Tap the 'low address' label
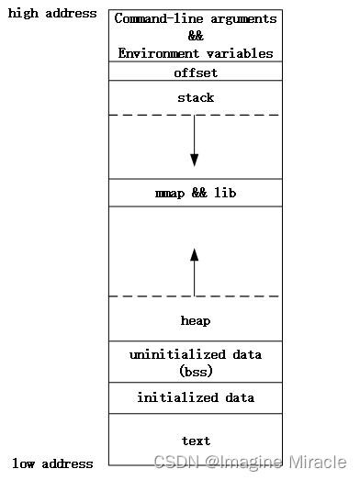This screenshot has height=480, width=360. coord(52,463)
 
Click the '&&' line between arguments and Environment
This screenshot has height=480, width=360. coord(196,36)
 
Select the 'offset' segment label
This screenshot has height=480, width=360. coord(196,73)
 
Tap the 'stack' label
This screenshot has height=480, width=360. coord(196,97)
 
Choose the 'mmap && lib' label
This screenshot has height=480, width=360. coord(196,194)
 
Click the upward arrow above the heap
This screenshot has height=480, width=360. coord(195,271)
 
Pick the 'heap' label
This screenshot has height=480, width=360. coord(196,320)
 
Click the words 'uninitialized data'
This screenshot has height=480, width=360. coord(196,354)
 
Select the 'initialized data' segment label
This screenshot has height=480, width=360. coord(196,397)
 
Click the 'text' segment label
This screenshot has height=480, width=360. coord(196,441)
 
